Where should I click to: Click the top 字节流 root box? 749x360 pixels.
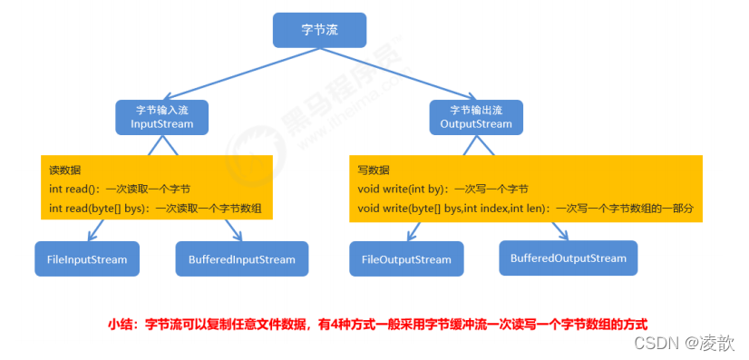coord(319,30)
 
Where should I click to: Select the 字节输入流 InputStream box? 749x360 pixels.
coord(162,116)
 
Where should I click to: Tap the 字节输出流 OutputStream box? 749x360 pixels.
coord(476,116)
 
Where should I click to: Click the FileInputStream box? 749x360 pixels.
coord(87,259)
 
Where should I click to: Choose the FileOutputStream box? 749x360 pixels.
coord(406,259)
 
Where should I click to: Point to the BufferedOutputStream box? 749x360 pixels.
coord(568,258)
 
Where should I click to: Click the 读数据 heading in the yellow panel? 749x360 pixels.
coord(64,170)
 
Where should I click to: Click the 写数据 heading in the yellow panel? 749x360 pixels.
coord(374,170)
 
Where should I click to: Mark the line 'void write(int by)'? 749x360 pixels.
coord(443,190)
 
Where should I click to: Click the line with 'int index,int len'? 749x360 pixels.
coord(525,209)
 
